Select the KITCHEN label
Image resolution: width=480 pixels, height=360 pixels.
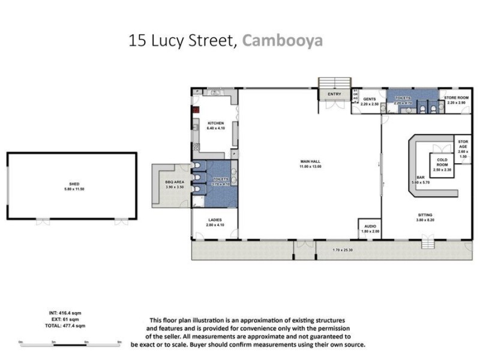pos(215,124)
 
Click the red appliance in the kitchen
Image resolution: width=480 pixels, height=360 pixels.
pos(195,110)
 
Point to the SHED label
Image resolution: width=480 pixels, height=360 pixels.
pos(71,184)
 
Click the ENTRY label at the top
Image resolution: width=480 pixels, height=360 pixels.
pos(334,94)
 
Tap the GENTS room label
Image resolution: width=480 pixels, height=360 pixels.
pos(368,99)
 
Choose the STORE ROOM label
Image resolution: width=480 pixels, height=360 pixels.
pos(455,97)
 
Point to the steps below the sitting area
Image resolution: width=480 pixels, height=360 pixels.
pos(427,242)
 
